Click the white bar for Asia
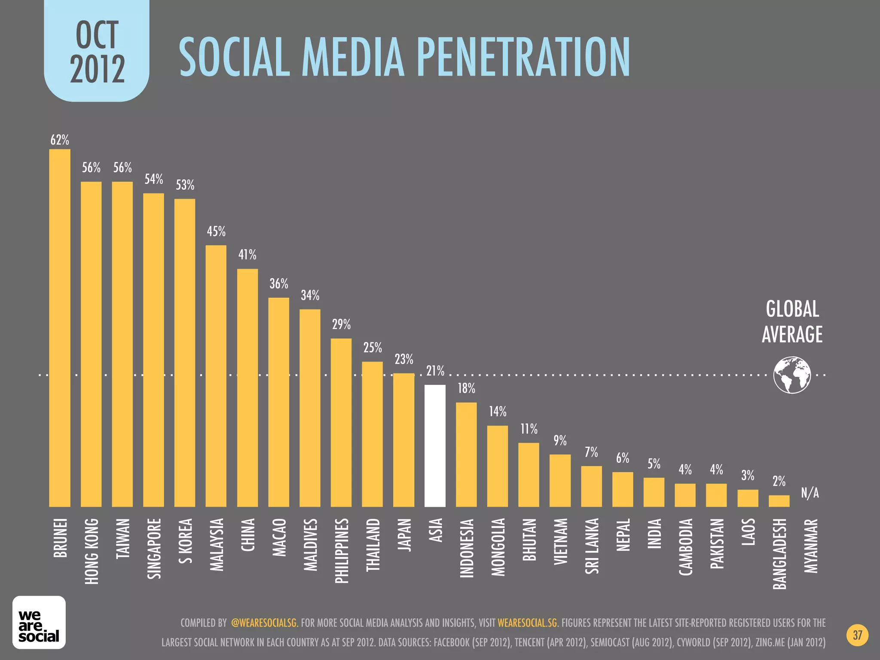[x=435, y=446]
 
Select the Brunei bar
[x=60, y=328]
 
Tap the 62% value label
[x=60, y=140]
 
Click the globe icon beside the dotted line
[x=792, y=375]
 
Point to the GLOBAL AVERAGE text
[x=792, y=321]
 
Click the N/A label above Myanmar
[x=810, y=493]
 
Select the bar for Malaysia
[x=216, y=376]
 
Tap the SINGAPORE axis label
[x=154, y=549]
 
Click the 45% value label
[x=216, y=232]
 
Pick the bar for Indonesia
[x=466, y=455]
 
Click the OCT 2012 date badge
[x=97, y=52]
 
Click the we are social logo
[x=39, y=622]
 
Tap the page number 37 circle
[x=857, y=635]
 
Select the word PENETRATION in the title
[x=523, y=57]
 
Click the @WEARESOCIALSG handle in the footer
[x=264, y=623]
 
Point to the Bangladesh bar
[x=779, y=501]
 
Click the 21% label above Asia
[x=435, y=371]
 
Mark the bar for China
[x=247, y=388]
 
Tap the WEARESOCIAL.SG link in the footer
[x=527, y=623]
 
